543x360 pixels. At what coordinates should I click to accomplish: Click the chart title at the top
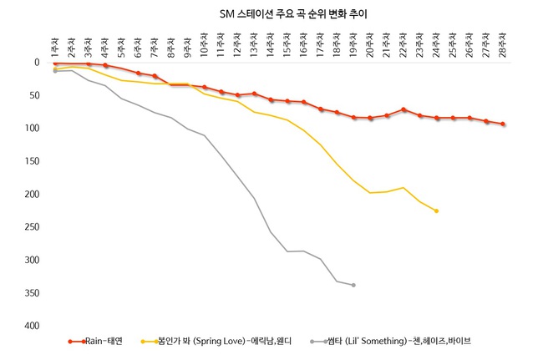tap(293, 14)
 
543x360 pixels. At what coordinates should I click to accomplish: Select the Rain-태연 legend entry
tap(95, 342)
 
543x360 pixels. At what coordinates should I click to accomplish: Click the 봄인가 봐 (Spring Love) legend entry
tap(216, 342)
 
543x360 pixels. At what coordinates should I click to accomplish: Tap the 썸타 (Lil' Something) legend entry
tap(390, 342)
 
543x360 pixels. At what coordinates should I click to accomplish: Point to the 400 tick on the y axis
tap(32, 326)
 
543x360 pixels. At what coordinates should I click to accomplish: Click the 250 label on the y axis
tap(32, 226)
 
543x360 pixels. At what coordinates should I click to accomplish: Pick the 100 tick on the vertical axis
tap(32, 128)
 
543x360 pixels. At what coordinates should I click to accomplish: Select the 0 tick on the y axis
tap(37, 63)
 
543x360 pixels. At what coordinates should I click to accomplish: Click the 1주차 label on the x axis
tap(55, 48)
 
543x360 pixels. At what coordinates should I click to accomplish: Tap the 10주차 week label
tap(204, 44)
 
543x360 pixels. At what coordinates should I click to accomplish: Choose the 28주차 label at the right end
tap(503, 44)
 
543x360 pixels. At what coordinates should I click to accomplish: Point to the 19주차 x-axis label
tap(353, 44)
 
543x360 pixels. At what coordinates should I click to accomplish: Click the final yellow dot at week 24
tap(436, 210)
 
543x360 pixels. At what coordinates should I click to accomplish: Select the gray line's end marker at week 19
tap(353, 285)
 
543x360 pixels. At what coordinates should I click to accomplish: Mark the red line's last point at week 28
tap(503, 124)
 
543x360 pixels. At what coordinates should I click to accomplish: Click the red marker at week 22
tap(403, 109)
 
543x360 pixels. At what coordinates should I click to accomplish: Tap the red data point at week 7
tap(155, 76)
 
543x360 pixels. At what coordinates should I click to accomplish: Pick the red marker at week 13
tap(254, 94)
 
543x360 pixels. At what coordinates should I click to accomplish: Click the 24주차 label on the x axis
tap(436, 44)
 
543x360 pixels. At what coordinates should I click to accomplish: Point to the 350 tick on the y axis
tap(32, 293)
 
